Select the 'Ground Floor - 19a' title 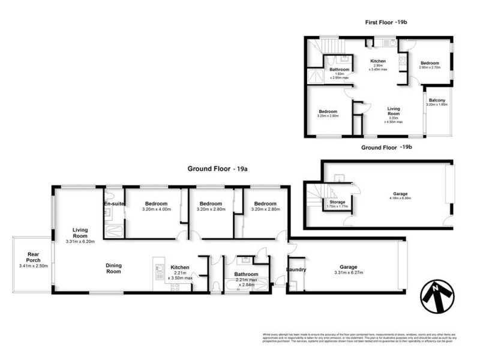pos(217,169)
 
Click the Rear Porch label pos(29,257)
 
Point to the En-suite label pos(113,204)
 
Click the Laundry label pos(296,270)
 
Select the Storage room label pos(337,202)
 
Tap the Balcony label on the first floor pos(436,100)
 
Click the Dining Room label pos(113,269)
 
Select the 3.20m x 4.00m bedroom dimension pos(157,209)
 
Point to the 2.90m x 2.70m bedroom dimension pos(429,68)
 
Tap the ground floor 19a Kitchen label pos(180,268)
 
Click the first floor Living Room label pos(393,110)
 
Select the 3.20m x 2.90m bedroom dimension pos(328,116)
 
